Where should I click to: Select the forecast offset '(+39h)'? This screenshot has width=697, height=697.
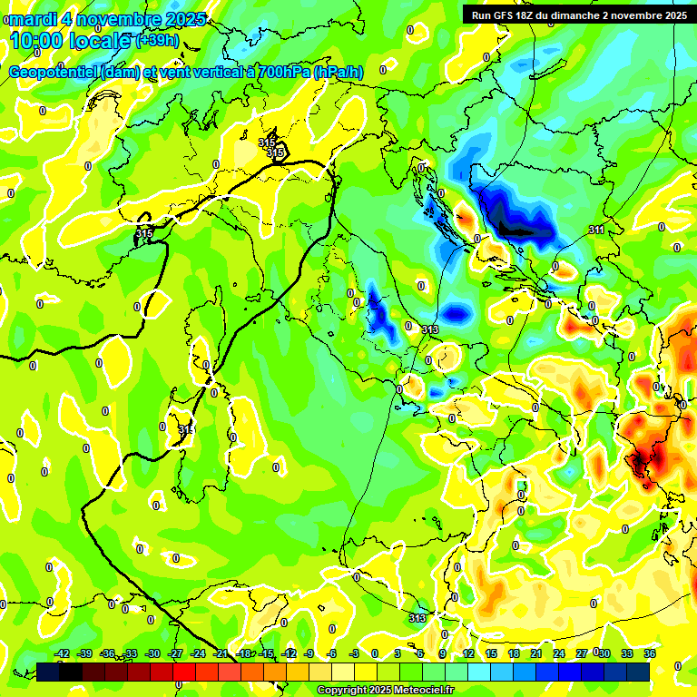pos(157,41)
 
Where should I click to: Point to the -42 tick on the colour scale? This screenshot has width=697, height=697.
pos(63,653)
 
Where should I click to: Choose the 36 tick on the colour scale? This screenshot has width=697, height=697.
pos(650,653)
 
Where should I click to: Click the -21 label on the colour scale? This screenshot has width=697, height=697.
pos(221,653)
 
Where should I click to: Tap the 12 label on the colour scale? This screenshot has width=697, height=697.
pos(468,653)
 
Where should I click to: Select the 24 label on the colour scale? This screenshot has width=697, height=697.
pos(559,653)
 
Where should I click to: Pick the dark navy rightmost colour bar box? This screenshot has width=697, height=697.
pos(638,672)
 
